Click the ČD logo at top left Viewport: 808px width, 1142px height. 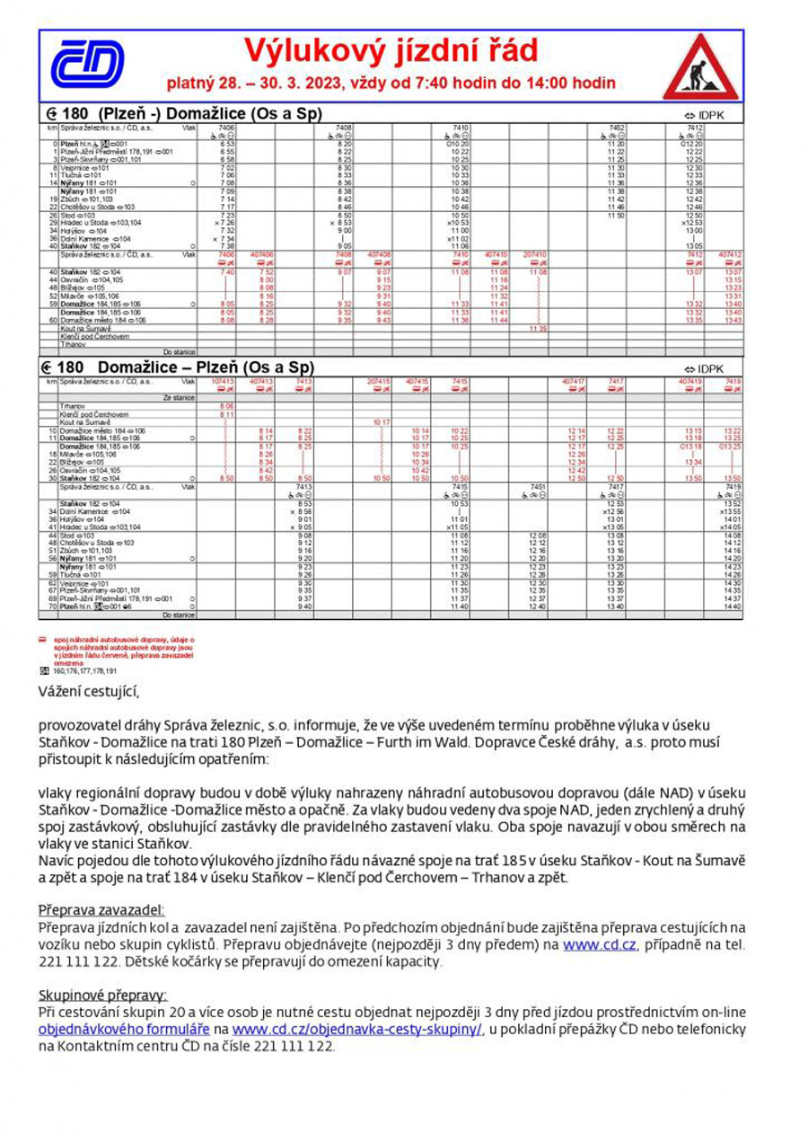86,65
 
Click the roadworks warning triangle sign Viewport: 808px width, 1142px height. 700,67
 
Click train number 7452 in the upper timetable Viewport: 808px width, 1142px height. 616,128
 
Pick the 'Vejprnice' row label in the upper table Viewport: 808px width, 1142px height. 75,168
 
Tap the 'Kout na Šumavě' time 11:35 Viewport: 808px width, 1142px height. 537,329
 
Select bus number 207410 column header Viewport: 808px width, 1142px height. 534,254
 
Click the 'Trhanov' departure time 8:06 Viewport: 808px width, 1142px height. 226,406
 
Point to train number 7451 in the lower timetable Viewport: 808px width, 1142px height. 538,486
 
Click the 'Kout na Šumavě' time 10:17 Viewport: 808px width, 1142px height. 381,422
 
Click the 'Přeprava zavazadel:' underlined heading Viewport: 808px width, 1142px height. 101,910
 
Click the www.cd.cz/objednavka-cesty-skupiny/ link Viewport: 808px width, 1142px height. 357,1029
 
